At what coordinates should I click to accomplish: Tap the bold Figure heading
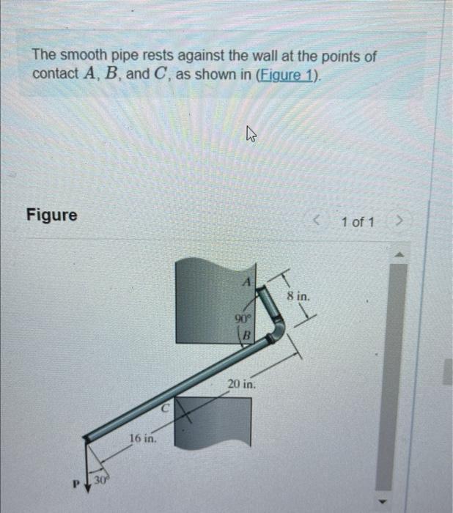coord(51,215)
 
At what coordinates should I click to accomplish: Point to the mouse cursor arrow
coord(251,134)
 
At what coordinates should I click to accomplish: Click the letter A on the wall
coord(248,281)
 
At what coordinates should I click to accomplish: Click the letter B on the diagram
coord(247,336)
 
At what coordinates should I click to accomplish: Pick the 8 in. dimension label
coord(298,298)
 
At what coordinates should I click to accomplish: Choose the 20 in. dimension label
coord(241,384)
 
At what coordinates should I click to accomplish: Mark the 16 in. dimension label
coord(141,438)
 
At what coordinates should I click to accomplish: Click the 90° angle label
coord(241,319)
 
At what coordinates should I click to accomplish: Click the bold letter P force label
coord(75,484)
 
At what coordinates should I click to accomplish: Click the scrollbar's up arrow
coord(400,255)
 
